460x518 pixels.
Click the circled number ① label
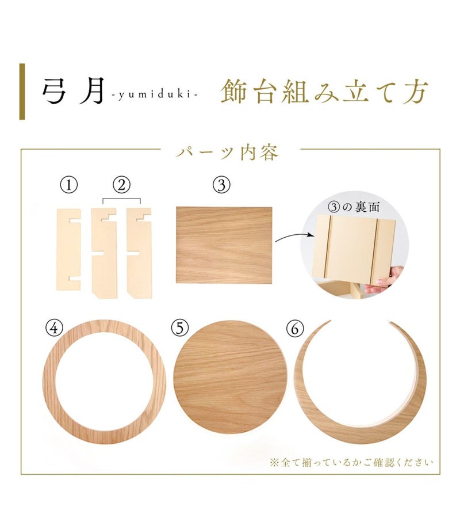click(x=68, y=185)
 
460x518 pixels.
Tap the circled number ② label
click(x=121, y=185)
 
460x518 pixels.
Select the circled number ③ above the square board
click(x=221, y=185)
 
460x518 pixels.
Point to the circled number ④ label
click(x=54, y=329)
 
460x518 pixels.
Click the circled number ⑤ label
click(x=180, y=329)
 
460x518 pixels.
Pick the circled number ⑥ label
click(x=294, y=329)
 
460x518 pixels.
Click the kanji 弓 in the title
click(x=55, y=91)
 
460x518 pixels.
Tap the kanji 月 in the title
click(x=93, y=91)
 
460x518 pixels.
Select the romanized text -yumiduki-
click(x=155, y=95)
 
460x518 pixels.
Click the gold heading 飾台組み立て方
click(x=324, y=92)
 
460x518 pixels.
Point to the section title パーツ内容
click(x=227, y=153)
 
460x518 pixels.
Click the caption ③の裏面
click(x=354, y=207)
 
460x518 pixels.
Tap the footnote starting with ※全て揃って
click(x=351, y=462)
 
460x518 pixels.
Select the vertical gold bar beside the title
click(x=22, y=92)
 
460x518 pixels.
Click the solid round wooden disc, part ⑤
click(x=231, y=377)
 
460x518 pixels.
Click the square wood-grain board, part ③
click(x=224, y=245)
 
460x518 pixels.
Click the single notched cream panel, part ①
click(x=68, y=249)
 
